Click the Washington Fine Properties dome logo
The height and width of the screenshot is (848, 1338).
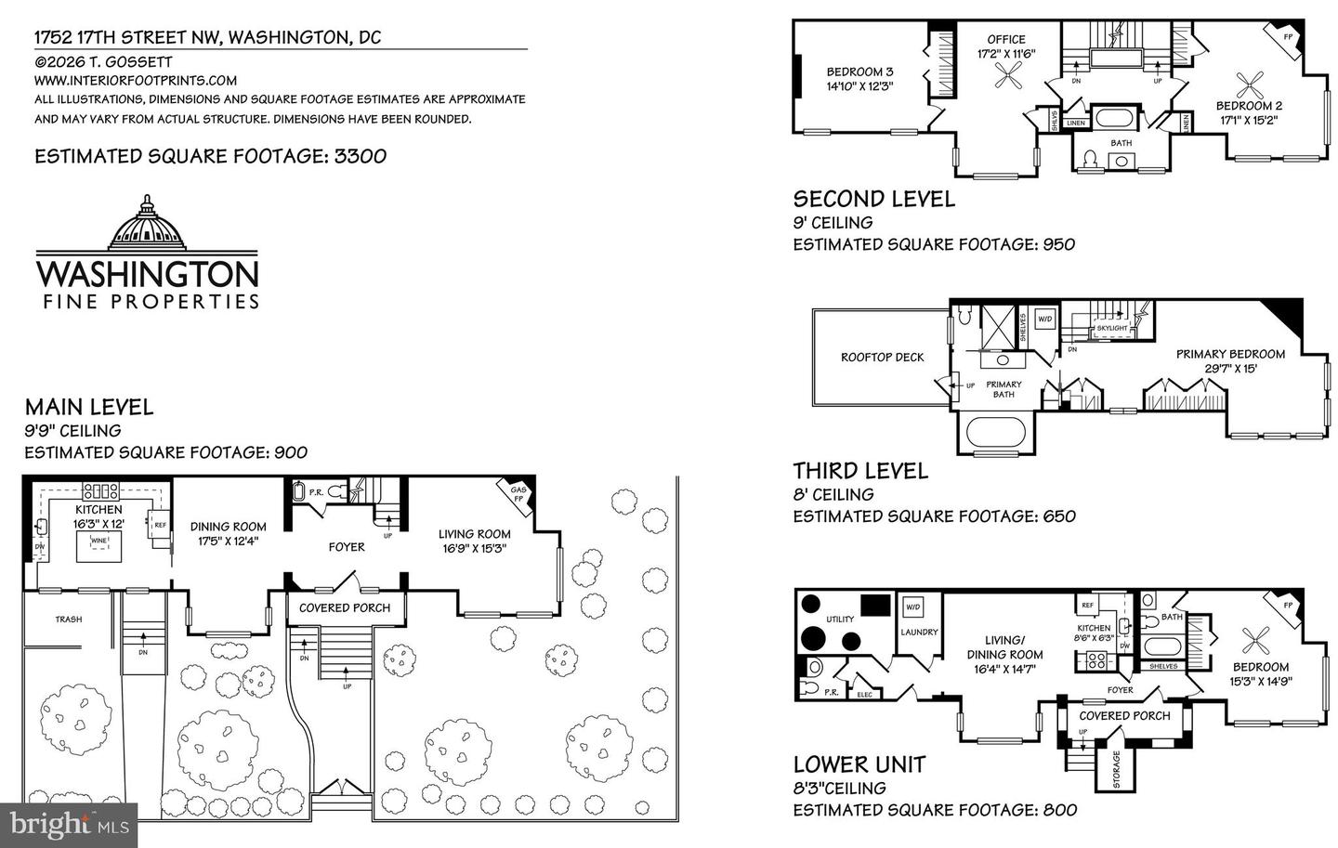point(148,224)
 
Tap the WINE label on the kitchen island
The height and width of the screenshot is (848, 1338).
point(98,540)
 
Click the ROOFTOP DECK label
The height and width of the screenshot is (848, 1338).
point(882,357)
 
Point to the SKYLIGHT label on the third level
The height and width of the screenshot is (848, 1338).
point(1111,328)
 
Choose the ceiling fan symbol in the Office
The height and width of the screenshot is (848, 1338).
point(1006,80)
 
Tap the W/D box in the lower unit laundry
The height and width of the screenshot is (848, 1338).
point(913,607)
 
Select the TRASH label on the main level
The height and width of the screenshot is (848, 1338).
point(68,620)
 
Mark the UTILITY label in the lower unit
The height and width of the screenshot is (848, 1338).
point(840,620)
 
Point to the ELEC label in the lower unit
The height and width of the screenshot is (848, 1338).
point(863,694)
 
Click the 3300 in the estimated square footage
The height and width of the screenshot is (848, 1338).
point(360,156)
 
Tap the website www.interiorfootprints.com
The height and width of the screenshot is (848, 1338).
point(136,81)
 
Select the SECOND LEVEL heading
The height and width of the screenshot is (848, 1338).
point(873,199)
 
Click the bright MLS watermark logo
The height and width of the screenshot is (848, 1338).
point(69,823)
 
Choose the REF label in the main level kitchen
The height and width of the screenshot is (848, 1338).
point(159,524)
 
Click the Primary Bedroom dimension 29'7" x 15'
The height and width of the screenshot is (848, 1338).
point(1230,368)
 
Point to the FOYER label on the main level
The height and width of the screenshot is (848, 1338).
point(346,547)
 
